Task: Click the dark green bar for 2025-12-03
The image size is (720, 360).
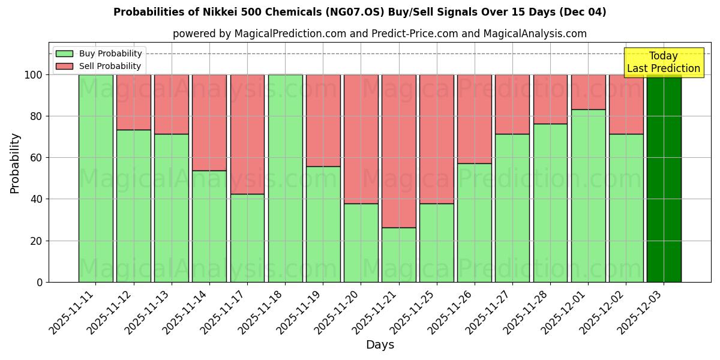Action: [x=664, y=178]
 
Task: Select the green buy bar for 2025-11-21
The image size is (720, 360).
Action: [x=398, y=254]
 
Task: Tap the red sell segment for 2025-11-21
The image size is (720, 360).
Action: [x=398, y=151]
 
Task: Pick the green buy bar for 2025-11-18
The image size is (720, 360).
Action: [x=285, y=178]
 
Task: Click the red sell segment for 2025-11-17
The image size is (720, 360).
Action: [x=247, y=134]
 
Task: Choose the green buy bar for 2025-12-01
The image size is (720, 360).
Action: [x=588, y=196]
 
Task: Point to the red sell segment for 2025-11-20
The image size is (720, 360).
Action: [x=361, y=139]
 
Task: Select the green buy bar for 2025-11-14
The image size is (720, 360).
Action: [x=209, y=226]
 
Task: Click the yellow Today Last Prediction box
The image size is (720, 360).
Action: [x=664, y=62]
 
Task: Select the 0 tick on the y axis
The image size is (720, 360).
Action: [x=40, y=282]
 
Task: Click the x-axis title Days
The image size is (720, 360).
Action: [x=380, y=345]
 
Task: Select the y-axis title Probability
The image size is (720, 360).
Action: [x=15, y=163]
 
